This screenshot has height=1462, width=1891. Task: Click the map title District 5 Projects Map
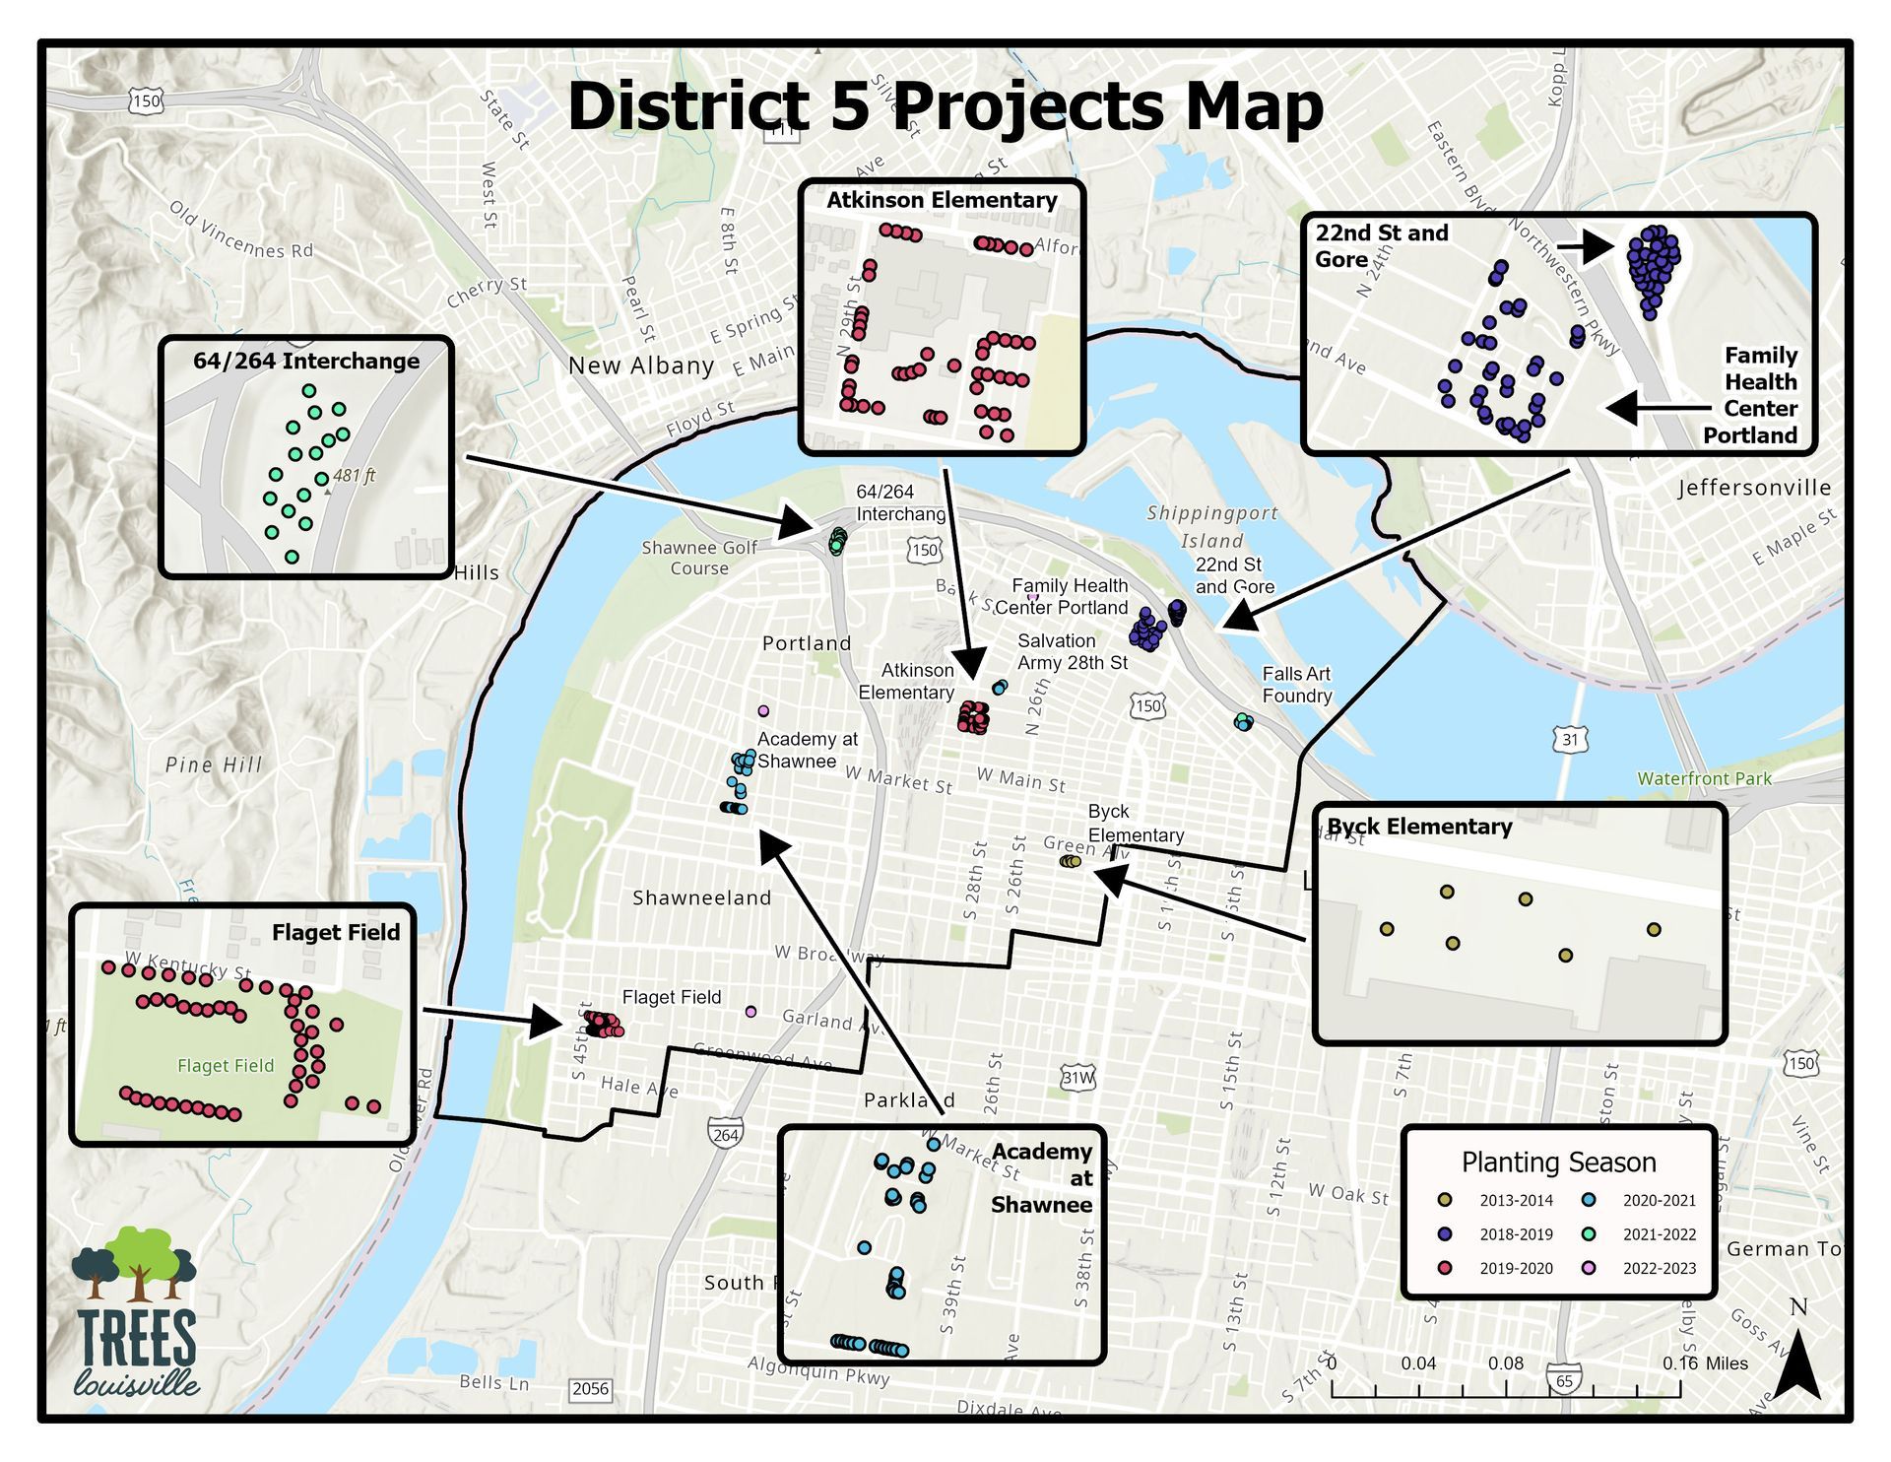945,106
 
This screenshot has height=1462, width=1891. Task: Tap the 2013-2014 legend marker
1445,1200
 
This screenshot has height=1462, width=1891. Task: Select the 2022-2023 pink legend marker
1589,1268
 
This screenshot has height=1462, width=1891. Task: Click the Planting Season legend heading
1558,1163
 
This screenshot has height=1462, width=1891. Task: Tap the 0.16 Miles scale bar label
1705,1363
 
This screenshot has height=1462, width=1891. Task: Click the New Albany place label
641,366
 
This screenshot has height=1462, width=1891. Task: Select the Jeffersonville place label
1754,488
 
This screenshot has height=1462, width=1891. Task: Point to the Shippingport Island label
1212,526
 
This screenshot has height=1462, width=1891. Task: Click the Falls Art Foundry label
1296,685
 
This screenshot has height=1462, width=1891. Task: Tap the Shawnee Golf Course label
699,558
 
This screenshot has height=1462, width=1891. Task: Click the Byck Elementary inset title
1419,827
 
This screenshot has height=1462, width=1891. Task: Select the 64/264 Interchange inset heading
306,361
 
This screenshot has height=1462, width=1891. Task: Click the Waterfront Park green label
1704,778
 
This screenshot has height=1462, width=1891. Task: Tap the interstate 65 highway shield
1564,1380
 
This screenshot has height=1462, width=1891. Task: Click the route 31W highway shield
1077,1078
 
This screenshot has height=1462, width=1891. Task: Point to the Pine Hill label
214,764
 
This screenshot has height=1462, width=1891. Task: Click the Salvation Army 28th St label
1073,651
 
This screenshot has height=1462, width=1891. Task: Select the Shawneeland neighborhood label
701,897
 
